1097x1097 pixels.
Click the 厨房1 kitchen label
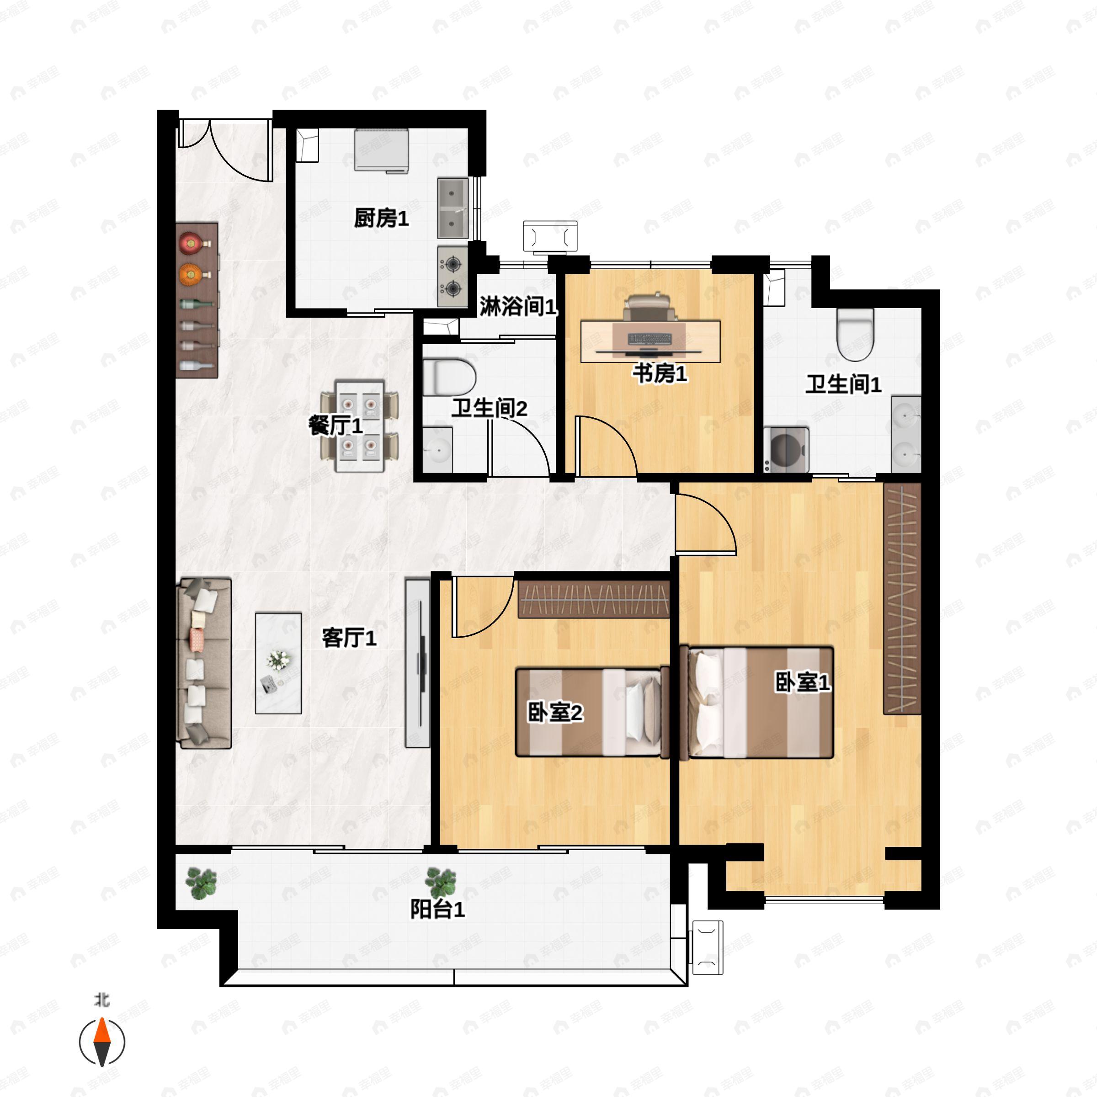coord(381,218)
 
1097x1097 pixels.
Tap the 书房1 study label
coord(660,374)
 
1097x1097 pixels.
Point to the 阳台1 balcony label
coord(437,910)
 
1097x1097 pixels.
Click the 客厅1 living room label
coord(349,638)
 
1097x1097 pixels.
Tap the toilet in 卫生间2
coord(449,377)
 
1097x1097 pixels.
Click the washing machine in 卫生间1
coord(786,450)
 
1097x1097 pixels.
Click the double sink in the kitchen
coord(453,208)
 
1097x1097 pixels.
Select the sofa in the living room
coord(205,663)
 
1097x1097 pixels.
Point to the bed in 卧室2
coord(591,713)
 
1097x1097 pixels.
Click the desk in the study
coord(650,341)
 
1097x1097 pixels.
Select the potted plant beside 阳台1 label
coord(441,882)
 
